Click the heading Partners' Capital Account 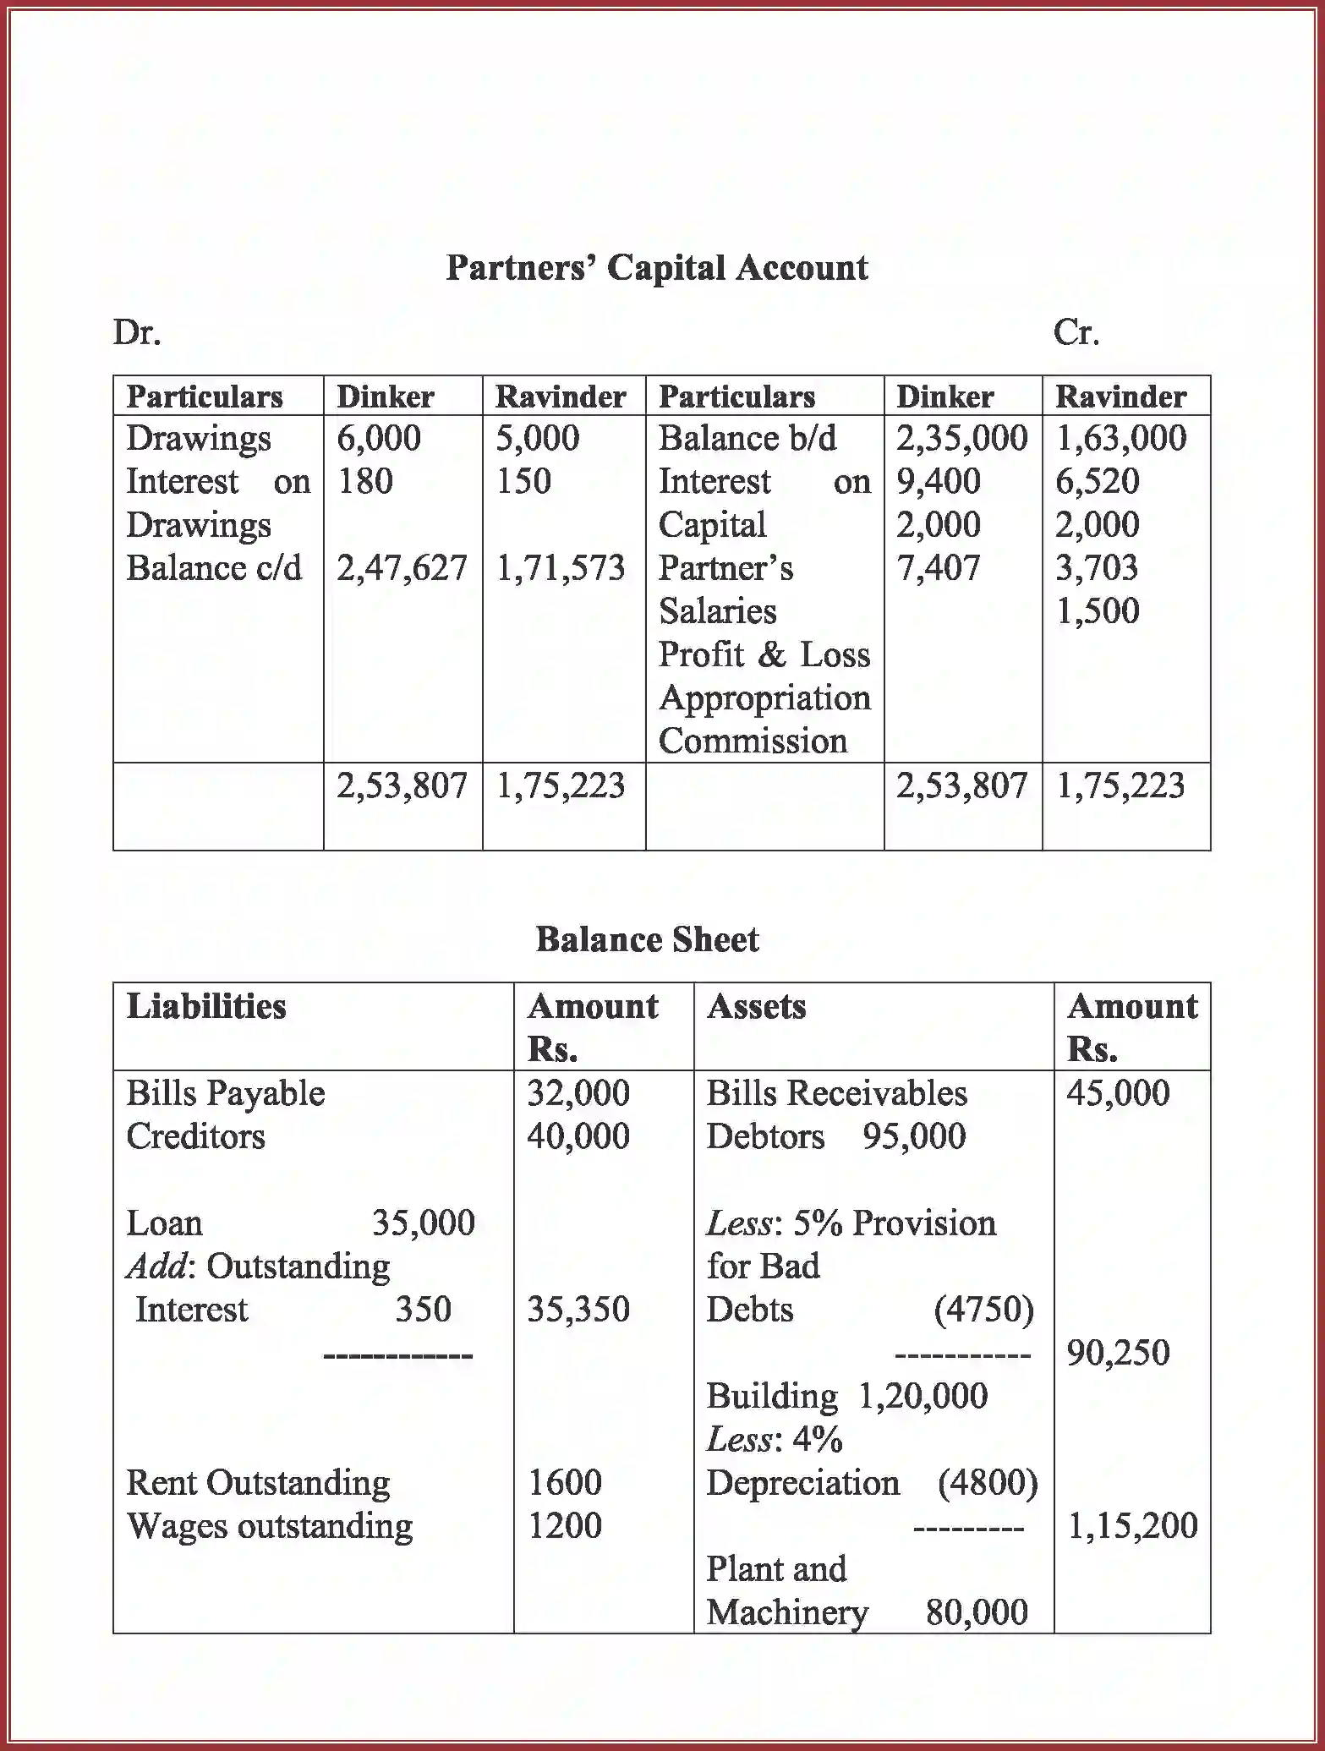[657, 268]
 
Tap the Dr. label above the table [137, 332]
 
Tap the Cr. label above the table [1076, 332]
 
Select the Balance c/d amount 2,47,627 [402, 568]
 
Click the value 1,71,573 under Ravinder [561, 568]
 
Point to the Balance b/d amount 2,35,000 [961, 438]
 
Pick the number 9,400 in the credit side [938, 481]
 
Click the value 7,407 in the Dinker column [938, 568]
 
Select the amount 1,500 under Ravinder [1097, 611]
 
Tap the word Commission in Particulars [753, 741]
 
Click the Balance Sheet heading [648, 940]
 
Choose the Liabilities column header [206, 1006]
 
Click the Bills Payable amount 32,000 [578, 1093]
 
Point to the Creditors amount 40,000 [578, 1136]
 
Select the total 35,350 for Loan [578, 1310]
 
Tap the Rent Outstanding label [258, 1483]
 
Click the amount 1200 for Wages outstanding [565, 1526]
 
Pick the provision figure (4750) [983, 1310]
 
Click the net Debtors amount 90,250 [1118, 1353]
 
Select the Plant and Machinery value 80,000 [977, 1612]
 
